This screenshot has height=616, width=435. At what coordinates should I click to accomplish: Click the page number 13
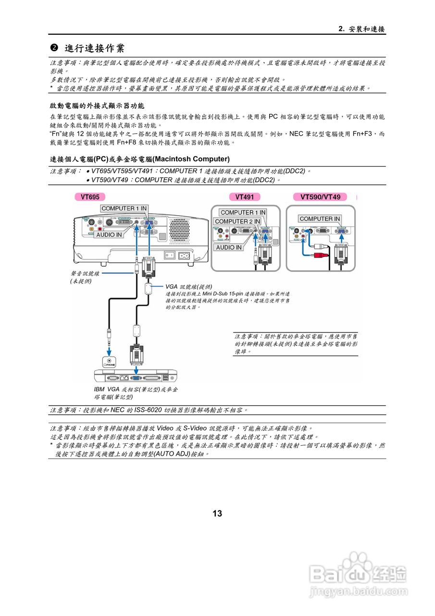(217, 513)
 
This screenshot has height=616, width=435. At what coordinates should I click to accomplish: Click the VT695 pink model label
(90, 197)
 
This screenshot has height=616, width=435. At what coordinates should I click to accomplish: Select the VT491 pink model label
(248, 197)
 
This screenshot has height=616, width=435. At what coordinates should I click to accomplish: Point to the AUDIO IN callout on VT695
(109, 235)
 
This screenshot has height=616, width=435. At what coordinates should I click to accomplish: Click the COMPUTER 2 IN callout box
(237, 221)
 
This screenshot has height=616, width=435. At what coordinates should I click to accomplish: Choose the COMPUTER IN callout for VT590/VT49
(320, 218)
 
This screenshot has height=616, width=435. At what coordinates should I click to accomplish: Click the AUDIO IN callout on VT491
(229, 247)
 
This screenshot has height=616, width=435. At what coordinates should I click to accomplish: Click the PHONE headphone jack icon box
(110, 361)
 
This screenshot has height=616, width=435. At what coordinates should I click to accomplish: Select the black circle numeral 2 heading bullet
(54, 48)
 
